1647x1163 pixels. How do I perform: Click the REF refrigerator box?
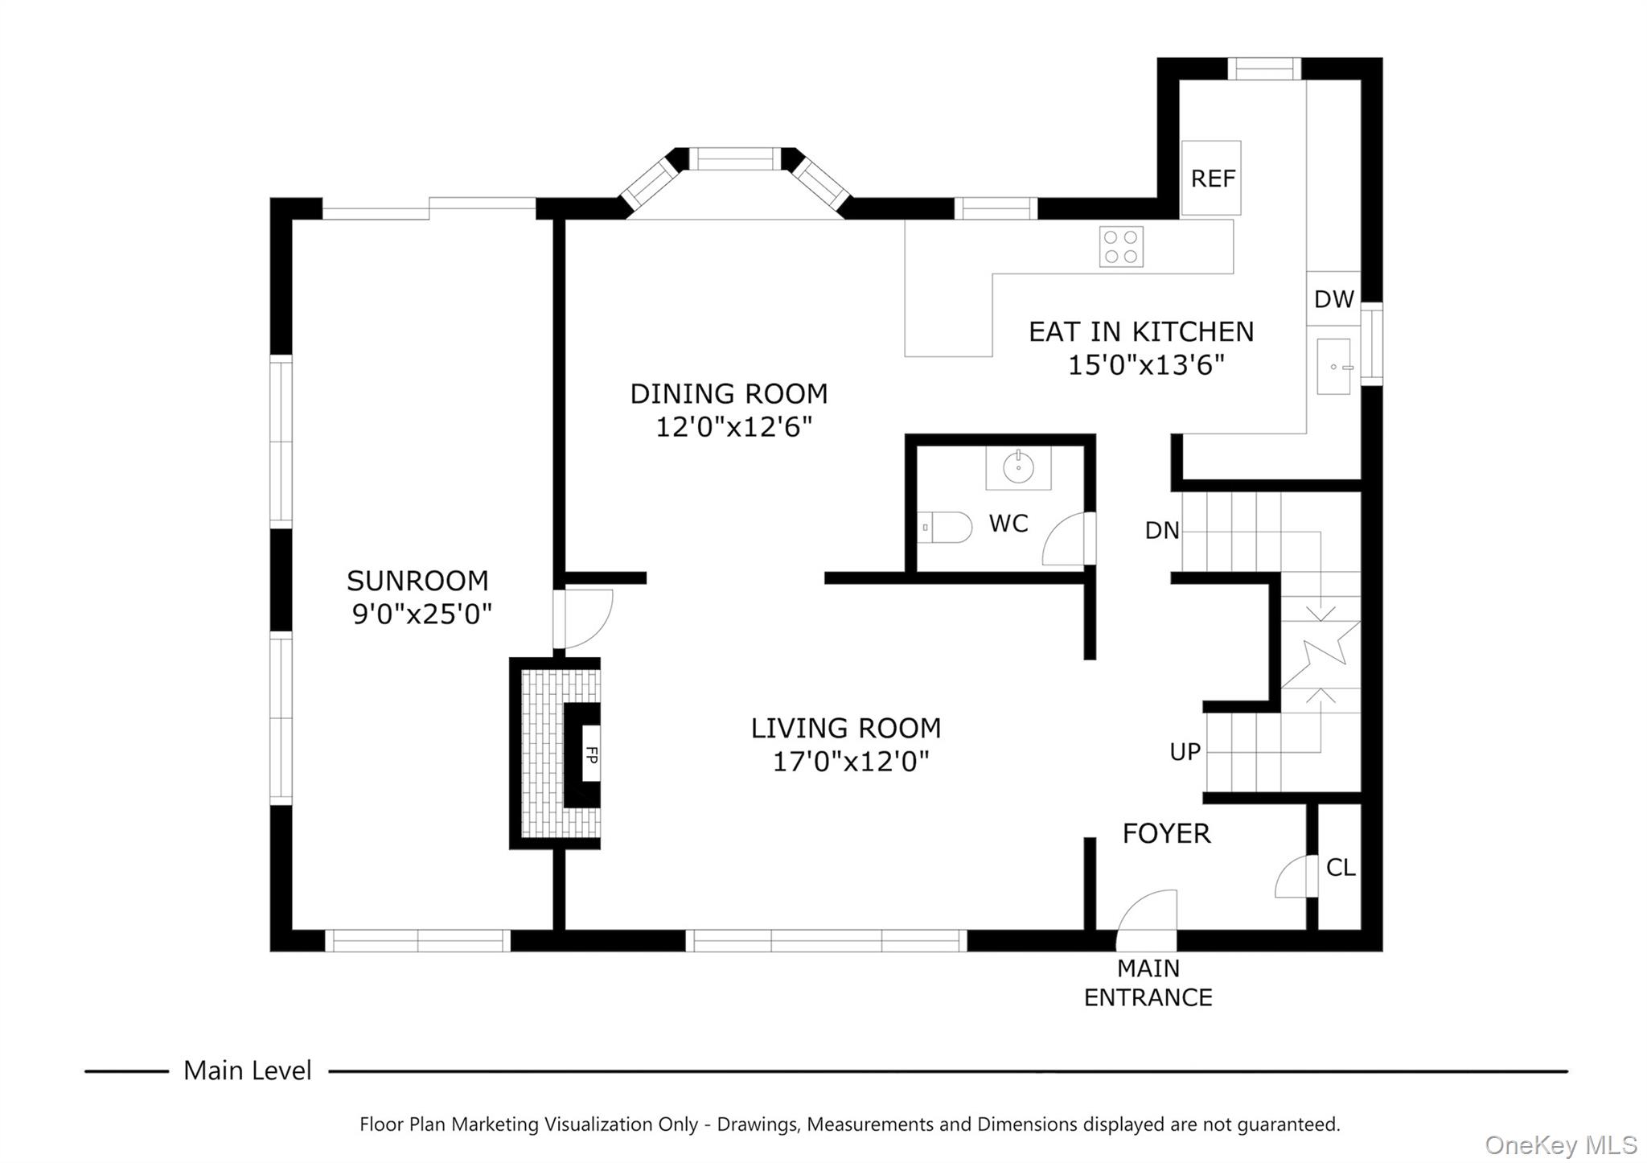pos(1211,178)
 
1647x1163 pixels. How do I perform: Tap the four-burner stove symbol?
pos(1121,247)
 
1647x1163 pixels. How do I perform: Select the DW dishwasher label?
pos(1333,300)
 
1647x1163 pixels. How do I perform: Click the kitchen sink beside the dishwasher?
pos(1334,367)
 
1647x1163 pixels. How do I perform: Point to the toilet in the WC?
pos(945,528)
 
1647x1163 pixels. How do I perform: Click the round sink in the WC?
pos(1018,467)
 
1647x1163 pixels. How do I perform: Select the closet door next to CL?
pos(1294,877)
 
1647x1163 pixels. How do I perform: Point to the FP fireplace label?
pos(591,754)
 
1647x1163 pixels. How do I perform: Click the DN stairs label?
pos(1162,531)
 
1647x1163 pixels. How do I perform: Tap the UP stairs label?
pos(1185,752)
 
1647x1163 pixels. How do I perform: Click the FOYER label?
pos(1166,834)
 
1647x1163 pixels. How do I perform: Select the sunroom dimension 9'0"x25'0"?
pos(422,615)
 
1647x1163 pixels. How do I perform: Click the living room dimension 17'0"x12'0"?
pos(851,762)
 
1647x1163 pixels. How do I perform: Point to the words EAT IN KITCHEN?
pos(1141,332)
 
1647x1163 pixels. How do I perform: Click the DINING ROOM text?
pos(729,394)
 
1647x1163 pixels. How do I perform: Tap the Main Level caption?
pos(247,1071)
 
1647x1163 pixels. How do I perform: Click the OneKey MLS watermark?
pos(1560,1145)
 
